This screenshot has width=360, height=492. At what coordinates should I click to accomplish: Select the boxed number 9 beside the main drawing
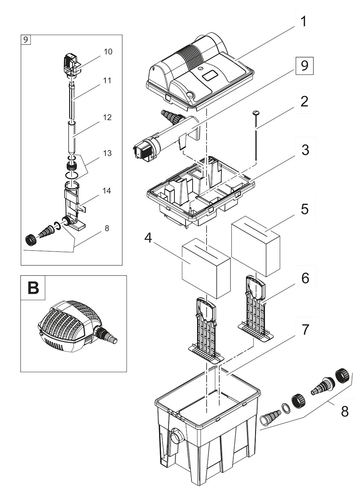[304, 65]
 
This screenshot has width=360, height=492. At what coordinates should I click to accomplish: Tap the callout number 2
[304, 101]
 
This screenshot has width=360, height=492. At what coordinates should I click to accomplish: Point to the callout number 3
[305, 149]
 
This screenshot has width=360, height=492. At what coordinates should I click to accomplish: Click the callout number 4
[149, 238]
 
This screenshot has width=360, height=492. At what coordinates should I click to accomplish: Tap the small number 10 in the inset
[108, 52]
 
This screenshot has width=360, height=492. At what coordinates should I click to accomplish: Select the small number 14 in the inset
[107, 191]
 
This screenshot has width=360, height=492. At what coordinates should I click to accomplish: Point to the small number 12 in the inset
[107, 117]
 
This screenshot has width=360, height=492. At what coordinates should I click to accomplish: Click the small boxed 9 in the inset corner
[25, 39]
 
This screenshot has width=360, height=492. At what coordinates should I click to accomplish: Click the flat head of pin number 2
[256, 113]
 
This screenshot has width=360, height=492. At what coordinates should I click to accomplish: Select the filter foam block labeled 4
[206, 271]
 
